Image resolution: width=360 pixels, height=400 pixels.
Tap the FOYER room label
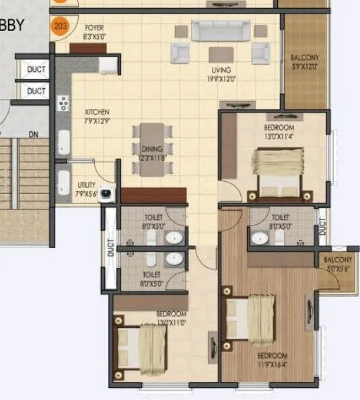click(94, 33)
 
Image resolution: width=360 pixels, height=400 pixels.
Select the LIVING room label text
click(221, 74)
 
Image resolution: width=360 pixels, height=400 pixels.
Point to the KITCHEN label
click(97, 116)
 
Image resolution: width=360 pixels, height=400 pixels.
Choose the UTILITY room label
click(87, 187)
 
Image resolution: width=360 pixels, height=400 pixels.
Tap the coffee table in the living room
click(221, 54)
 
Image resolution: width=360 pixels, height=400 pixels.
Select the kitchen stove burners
click(63, 103)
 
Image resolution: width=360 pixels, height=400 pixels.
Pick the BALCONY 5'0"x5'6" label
click(338, 264)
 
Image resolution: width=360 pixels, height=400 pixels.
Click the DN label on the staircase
click(33, 135)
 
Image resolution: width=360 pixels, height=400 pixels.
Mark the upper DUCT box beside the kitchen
click(37, 69)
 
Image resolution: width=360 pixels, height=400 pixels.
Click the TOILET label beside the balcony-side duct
click(281, 222)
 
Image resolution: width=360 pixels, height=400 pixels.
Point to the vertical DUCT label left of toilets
click(110, 248)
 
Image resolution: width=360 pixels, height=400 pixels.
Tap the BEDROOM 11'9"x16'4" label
click(273, 360)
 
